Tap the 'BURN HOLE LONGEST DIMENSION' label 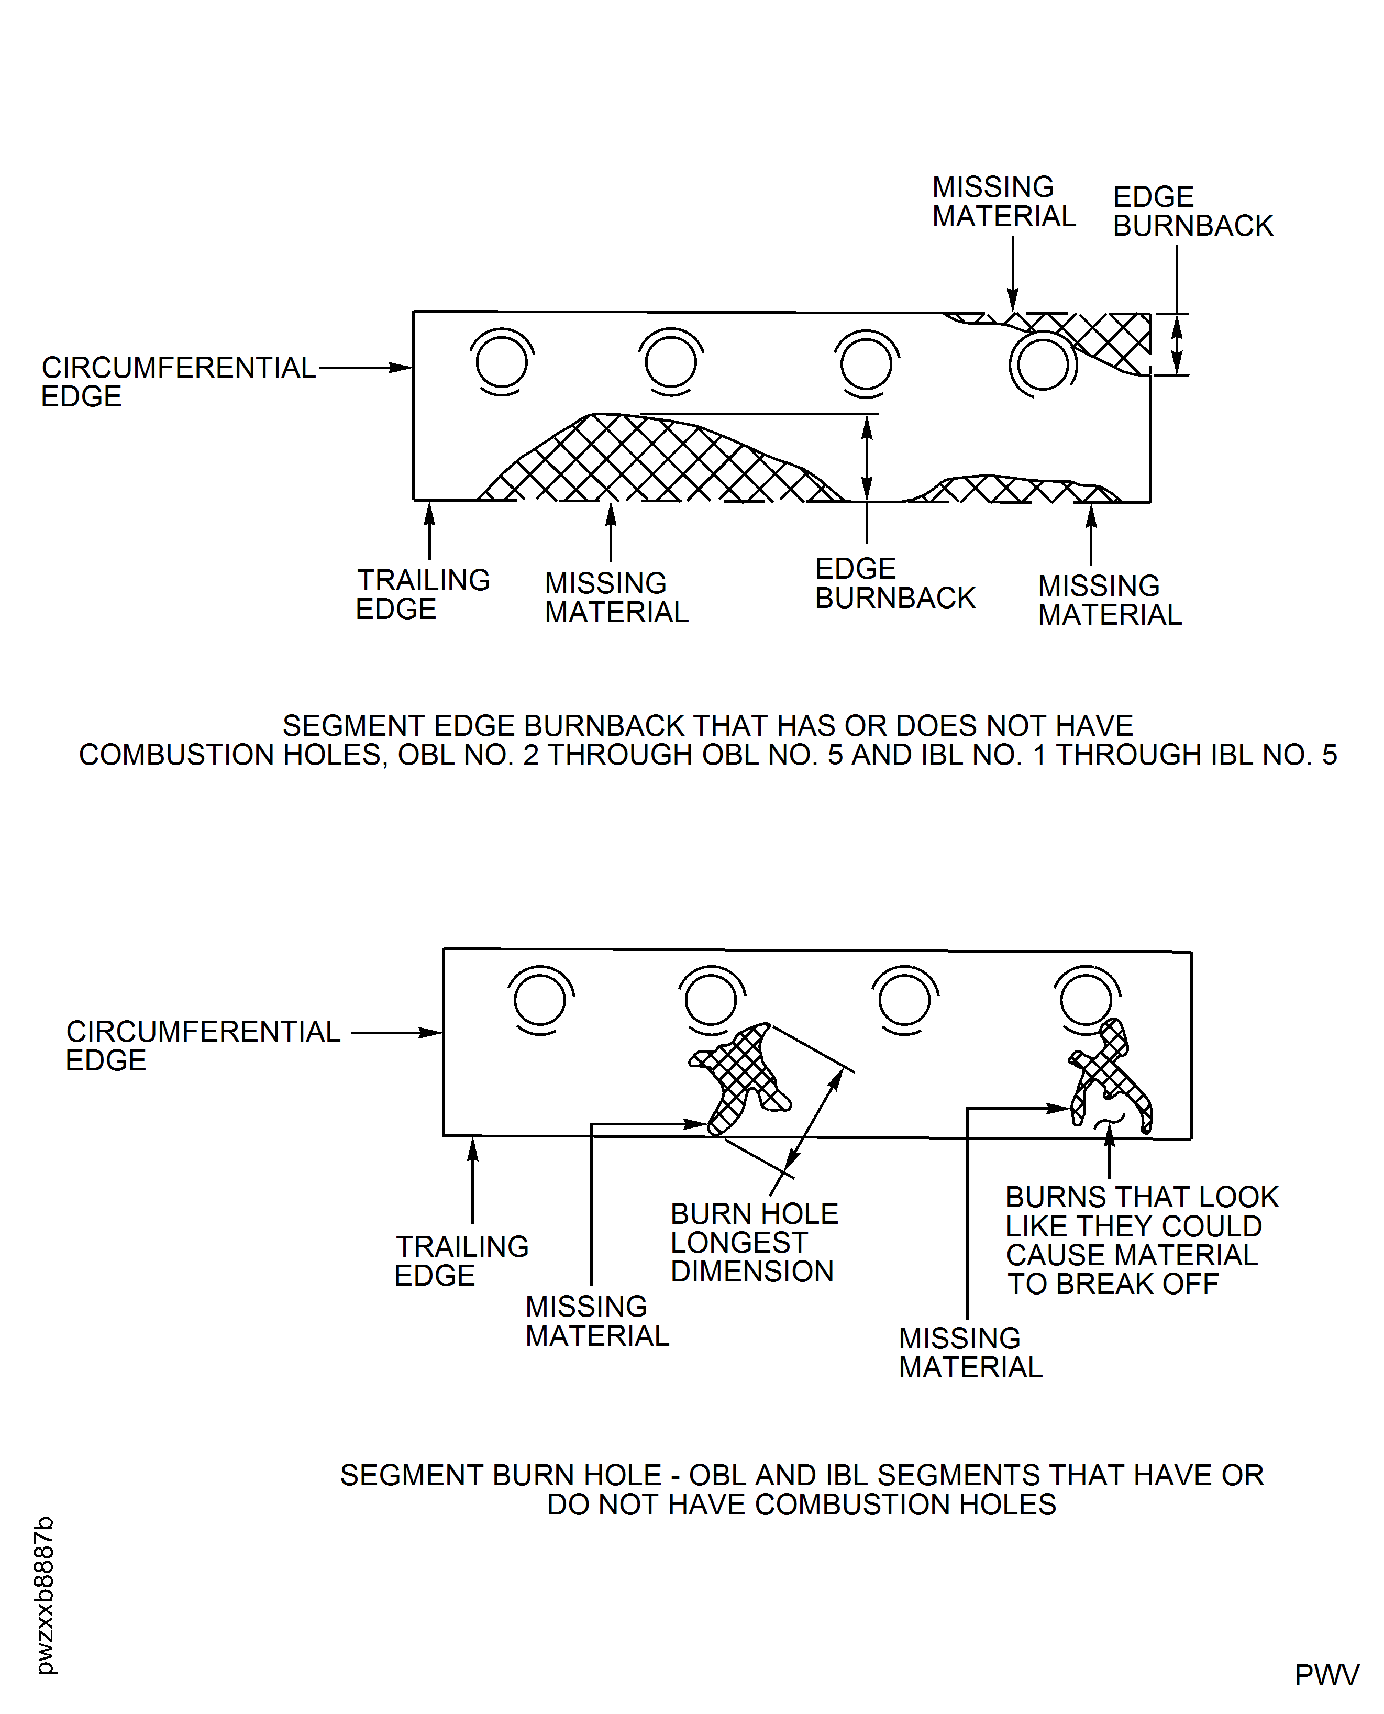click(x=754, y=1242)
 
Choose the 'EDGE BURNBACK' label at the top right click(x=1193, y=211)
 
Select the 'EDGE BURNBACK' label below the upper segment click(x=894, y=583)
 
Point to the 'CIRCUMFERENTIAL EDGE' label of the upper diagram click(x=179, y=382)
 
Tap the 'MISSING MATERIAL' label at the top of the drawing click(x=1004, y=202)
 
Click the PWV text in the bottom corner click(x=1326, y=1675)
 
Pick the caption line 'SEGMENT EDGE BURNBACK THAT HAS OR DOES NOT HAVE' click(x=708, y=725)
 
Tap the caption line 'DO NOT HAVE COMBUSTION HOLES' click(x=801, y=1505)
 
